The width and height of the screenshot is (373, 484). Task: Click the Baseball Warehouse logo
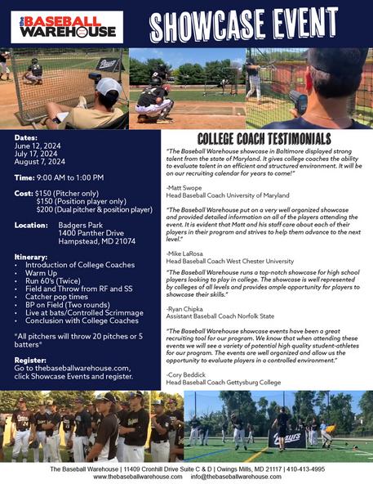point(67,27)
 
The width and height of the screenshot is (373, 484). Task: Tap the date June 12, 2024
point(38,146)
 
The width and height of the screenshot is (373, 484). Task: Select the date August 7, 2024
point(40,162)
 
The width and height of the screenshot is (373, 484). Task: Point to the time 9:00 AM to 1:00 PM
point(70,177)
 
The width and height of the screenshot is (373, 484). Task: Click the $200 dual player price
point(95,210)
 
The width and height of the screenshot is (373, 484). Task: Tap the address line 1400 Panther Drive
point(91,233)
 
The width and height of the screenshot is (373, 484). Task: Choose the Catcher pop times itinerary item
point(56,297)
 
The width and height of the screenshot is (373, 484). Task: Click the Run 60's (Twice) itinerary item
point(53,281)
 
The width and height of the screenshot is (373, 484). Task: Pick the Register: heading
point(30,361)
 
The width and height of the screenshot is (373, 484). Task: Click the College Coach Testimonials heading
point(264,139)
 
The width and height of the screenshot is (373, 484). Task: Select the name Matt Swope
point(184,188)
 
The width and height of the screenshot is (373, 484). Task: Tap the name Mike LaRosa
point(185,253)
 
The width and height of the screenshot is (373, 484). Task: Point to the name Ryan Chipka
point(185,309)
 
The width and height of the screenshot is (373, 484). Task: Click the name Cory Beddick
point(186,375)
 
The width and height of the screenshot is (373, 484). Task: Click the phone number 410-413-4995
point(305,469)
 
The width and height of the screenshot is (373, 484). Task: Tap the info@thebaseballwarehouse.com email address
point(236,477)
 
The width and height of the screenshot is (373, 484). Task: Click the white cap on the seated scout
point(109,87)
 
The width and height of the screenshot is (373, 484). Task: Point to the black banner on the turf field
point(287,438)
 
